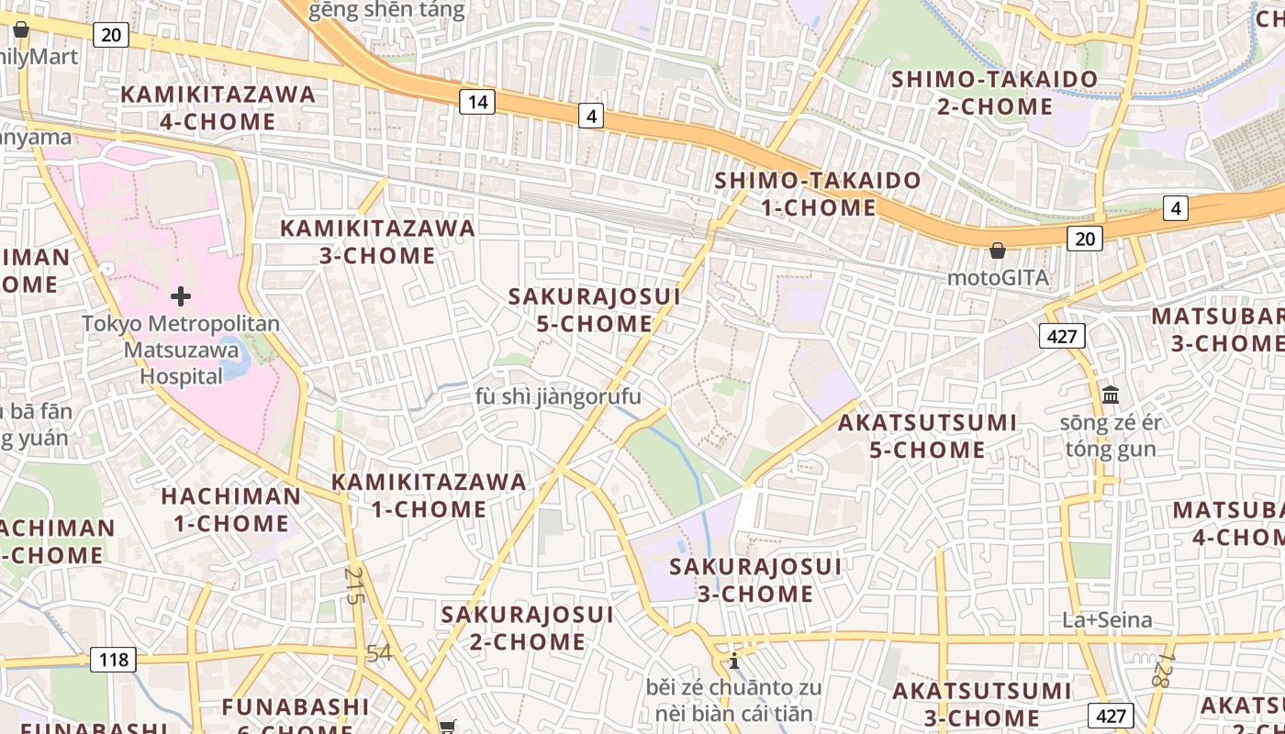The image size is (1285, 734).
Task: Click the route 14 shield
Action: coord(476,102)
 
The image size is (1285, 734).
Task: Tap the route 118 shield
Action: coord(113,659)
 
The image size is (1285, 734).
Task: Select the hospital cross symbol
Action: coord(181,296)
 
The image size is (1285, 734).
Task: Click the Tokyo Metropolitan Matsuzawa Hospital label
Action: coord(181,350)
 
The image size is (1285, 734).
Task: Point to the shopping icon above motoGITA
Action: coord(998,250)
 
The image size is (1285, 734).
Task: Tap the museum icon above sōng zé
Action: coord(1111,395)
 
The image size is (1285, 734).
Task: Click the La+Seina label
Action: coord(1107,620)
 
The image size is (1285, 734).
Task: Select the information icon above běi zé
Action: coord(733,660)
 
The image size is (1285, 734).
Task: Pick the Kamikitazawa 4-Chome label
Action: coord(218,107)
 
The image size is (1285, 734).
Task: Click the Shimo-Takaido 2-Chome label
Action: coord(995,93)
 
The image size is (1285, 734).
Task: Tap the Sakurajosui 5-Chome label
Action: coord(595,310)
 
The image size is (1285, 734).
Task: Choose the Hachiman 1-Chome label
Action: coord(230,510)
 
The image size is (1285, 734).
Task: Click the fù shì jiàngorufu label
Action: coord(558,396)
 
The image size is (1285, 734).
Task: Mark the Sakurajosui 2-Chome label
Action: coord(527,628)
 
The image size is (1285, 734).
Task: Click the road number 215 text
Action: coord(354,584)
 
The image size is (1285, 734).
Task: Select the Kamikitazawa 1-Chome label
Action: coord(429,495)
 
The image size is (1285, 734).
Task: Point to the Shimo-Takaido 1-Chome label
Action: coord(818,194)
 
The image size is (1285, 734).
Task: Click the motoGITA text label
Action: coord(998,277)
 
